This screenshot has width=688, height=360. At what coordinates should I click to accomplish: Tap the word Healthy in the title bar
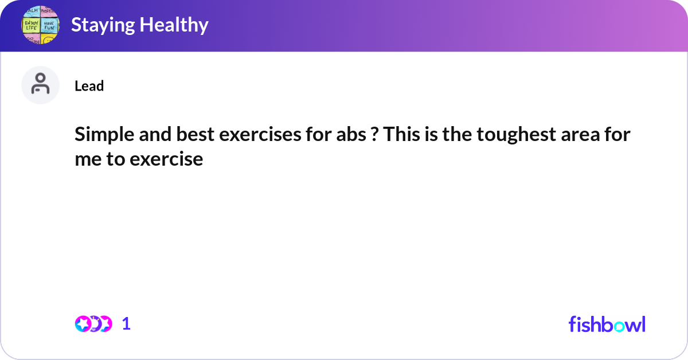click(x=175, y=25)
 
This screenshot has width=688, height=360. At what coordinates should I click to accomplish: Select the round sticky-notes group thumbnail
click(x=40, y=25)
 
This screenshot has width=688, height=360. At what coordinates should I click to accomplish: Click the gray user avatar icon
click(x=40, y=85)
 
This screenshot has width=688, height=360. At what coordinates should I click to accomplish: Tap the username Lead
click(x=89, y=86)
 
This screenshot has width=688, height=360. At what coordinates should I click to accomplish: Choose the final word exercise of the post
click(x=166, y=159)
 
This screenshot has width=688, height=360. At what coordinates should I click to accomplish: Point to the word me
click(x=87, y=159)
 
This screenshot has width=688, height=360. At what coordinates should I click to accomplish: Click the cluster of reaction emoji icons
click(x=93, y=324)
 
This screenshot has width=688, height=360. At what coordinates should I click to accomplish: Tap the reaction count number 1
click(x=126, y=324)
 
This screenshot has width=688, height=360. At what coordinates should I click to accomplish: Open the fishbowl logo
click(x=607, y=324)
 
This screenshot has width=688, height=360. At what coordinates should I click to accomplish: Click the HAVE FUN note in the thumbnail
click(x=49, y=26)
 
